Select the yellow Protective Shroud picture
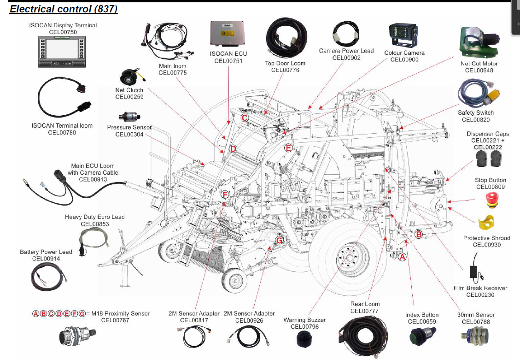[x=486, y=224]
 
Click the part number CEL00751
[x=228, y=60]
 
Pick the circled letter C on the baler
[x=245, y=118]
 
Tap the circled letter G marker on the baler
[x=280, y=240]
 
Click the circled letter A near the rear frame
[x=402, y=257]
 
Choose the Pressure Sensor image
[x=129, y=117]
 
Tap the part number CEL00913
[x=93, y=179]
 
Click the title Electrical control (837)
[x=64, y=9]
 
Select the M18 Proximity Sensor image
[x=77, y=335]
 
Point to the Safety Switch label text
[x=475, y=112]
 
